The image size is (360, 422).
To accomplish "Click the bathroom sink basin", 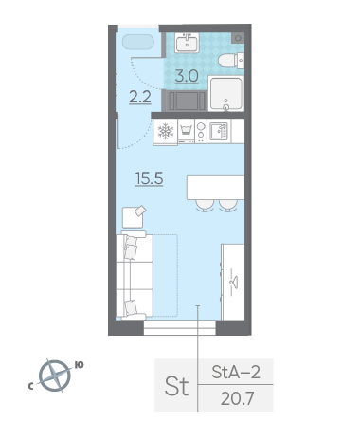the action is click(x=187, y=43).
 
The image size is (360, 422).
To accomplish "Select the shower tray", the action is click(x=226, y=93).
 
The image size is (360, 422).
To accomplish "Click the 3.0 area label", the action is click(x=187, y=76).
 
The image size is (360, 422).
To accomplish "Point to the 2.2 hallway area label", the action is click(x=140, y=97).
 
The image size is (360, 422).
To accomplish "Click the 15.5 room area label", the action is click(x=149, y=178).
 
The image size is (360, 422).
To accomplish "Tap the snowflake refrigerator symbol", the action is click(x=166, y=132).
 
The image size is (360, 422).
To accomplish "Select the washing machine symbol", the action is click(x=186, y=132).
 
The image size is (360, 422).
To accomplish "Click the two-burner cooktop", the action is click(x=201, y=132).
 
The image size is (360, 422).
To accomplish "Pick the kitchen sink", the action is click(x=219, y=131).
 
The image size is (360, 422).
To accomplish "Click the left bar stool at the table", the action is click(x=205, y=206).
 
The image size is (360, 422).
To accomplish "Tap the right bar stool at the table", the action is click(x=228, y=206).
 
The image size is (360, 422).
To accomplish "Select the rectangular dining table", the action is click(x=215, y=188).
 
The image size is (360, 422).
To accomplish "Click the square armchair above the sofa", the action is click(x=133, y=217).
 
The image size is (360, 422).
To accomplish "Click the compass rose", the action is click(x=55, y=376).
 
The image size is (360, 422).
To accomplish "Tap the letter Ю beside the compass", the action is click(x=79, y=365).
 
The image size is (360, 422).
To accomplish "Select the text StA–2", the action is click(x=236, y=372).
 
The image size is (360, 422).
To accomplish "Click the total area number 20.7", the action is click(x=237, y=398).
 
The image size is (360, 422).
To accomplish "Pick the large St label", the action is click(x=177, y=386).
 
